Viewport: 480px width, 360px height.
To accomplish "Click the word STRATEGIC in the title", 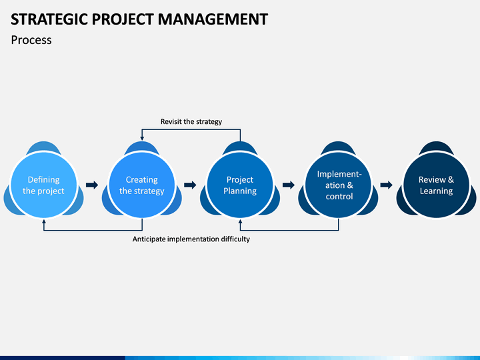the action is [x=49, y=19].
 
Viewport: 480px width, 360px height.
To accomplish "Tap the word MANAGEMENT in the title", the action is [x=213, y=19].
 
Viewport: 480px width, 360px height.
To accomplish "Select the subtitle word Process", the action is [x=31, y=40].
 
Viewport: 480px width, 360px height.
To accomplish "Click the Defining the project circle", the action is [x=43, y=185].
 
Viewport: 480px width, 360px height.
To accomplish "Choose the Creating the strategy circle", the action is [x=142, y=185].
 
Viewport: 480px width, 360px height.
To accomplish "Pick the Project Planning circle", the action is [x=240, y=185].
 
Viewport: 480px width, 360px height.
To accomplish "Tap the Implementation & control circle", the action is [x=338, y=185].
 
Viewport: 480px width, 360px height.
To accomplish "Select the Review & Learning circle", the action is [x=436, y=185].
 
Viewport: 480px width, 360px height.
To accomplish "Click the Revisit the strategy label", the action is [x=191, y=122].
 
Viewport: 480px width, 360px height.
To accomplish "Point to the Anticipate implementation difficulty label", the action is [x=191, y=239].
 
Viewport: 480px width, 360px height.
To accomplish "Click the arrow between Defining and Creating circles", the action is [x=92, y=185].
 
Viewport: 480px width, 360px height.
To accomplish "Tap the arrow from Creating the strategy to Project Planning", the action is [x=190, y=185].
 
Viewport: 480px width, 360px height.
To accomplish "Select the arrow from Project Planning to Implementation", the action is [x=289, y=185].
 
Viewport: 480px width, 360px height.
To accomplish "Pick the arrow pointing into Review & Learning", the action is [x=386, y=185].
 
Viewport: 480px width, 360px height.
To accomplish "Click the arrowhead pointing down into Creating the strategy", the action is [x=142, y=139].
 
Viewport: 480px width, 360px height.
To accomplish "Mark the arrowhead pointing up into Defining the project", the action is [x=44, y=221].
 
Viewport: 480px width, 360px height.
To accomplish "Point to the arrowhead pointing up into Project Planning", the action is [x=240, y=221].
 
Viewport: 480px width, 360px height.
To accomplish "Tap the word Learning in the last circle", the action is [x=436, y=191].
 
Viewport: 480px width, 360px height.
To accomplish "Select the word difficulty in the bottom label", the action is [x=234, y=239].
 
